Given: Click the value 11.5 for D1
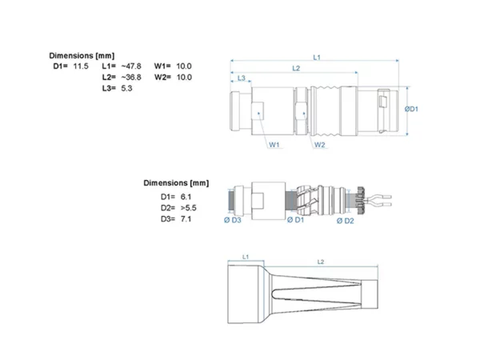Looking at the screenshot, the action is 81,66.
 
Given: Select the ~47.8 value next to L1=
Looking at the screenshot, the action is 131,66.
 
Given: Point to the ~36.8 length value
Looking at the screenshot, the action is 131,77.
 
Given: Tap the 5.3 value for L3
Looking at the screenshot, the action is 126,88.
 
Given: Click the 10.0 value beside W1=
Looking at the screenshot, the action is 184,66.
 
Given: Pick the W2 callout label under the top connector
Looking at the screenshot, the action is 319,145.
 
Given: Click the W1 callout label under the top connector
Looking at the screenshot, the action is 274,145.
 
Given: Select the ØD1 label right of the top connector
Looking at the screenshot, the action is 411,109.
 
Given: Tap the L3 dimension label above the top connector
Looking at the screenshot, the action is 242,78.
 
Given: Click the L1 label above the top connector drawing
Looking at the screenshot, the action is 317,58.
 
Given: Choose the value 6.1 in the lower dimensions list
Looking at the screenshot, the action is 186,197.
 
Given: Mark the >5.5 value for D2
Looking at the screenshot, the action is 189,208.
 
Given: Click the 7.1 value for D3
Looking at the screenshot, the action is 186,219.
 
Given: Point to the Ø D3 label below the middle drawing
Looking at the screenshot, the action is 233,220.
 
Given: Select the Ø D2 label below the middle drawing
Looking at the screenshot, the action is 346,221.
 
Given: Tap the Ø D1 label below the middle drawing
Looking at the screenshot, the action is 296,220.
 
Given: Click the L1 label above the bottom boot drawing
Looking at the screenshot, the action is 246,257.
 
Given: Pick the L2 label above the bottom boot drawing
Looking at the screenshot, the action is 321,262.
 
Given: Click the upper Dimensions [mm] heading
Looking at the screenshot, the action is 82,56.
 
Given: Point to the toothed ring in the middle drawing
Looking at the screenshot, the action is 359,200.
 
